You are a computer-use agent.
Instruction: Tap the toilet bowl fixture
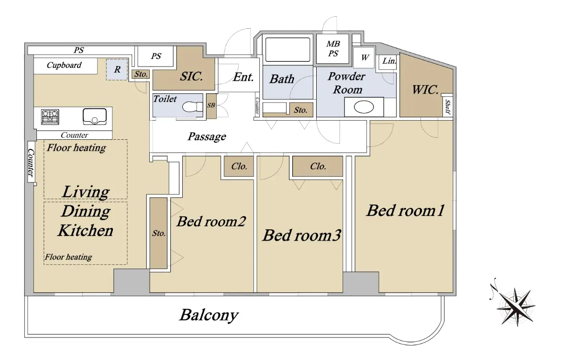coord(192,107)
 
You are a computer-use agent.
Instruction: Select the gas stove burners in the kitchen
coord(50,117)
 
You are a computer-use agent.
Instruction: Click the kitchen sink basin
coord(95,117)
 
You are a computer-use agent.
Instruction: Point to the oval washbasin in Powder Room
coord(364,107)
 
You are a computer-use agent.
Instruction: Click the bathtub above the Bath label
coord(287,50)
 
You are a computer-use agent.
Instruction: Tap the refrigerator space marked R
coord(117,69)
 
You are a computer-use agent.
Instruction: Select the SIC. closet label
coord(191,76)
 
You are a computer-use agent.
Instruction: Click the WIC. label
coord(425,90)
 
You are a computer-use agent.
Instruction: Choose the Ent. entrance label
coord(243,77)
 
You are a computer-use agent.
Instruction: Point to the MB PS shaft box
coord(332,49)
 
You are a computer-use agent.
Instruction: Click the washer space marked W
coord(364,57)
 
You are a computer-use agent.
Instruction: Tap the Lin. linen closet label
coord(389,61)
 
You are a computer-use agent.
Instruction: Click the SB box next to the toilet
coord(211,106)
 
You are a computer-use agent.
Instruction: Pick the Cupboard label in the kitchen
coord(64,65)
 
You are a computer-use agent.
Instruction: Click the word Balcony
coord(209,315)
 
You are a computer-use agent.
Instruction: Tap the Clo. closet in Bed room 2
coord(239,166)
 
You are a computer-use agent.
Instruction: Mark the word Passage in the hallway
coord(207,136)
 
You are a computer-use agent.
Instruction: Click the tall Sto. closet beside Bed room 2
coord(159,233)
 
